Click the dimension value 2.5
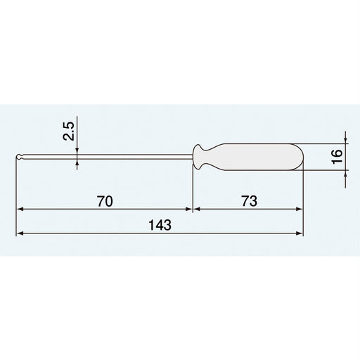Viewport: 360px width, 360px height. [x=68, y=131]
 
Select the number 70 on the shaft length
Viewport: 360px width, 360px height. [x=104, y=201]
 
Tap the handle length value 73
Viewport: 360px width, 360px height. [x=248, y=201]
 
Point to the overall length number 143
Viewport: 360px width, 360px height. [x=160, y=225]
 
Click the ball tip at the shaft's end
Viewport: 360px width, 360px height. [x=20, y=157]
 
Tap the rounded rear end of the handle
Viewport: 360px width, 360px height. [x=300, y=157]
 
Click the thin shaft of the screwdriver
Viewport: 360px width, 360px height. [x=105, y=157]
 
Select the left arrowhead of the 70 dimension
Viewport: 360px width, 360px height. [x=21, y=210]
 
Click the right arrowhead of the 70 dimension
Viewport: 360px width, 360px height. [x=188, y=210]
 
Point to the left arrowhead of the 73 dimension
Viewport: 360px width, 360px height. [x=198, y=210]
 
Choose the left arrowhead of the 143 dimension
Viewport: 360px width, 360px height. [x=21, y=233]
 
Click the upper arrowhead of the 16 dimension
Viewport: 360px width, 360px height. [x=345, y=140]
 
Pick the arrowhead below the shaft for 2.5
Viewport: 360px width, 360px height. [x=77, y=163]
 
